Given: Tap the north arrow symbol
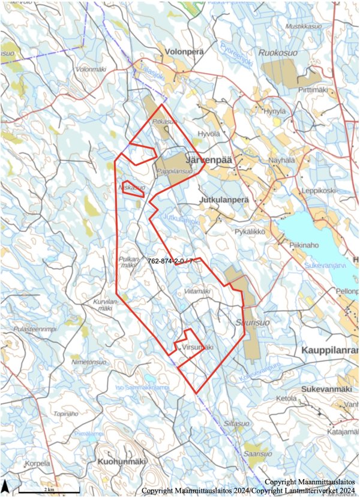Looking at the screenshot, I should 5,486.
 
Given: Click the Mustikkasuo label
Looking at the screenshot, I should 304,26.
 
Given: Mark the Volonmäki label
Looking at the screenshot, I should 91,70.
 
